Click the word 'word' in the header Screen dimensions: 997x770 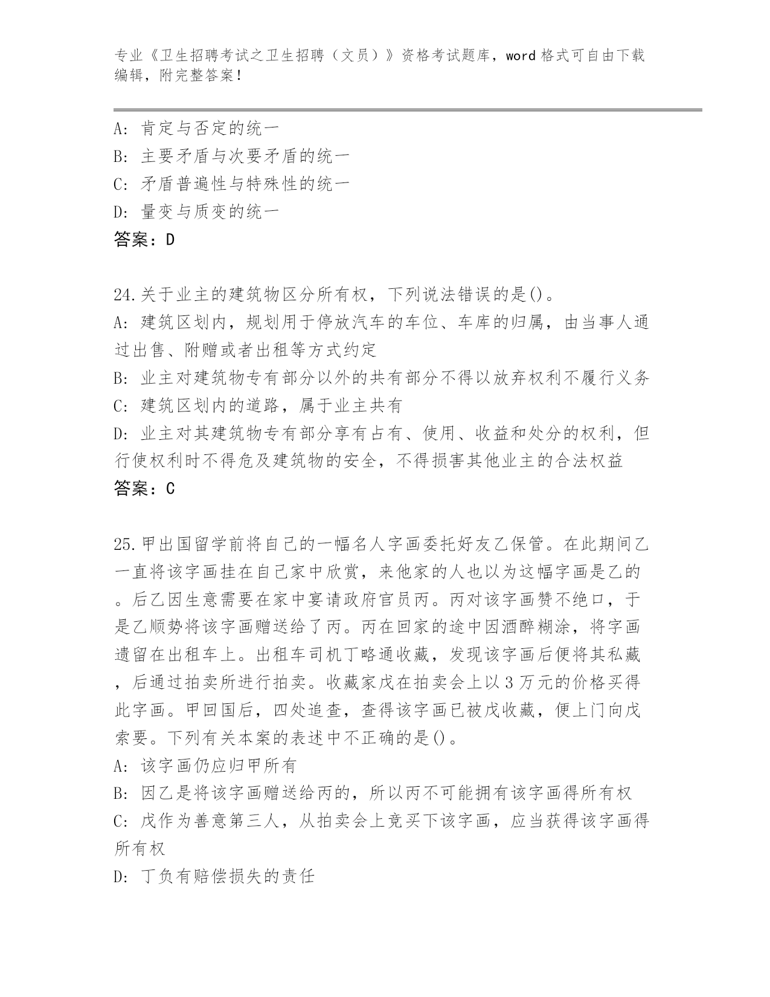click(x=521, y=56)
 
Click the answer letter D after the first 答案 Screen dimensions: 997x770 click(x=170, y=240)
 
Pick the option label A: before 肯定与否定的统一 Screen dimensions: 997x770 click(x=123, y=129)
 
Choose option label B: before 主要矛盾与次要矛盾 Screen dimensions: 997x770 click(x=123, y=156)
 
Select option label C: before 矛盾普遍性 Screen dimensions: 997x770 click(x=123, y=184)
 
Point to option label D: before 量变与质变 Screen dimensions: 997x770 click(x=123, y=211)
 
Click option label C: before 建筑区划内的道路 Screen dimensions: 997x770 click(x=123, y=405)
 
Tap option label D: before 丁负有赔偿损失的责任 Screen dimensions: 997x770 click(x=123, y=876)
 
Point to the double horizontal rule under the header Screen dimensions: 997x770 click(x=407, y=109)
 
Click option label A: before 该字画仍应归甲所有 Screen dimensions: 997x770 click(x=123, y=766)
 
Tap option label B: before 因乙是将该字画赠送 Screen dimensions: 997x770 click(x=123, y=793)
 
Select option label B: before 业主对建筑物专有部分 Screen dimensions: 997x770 click(x=123, y=378)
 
